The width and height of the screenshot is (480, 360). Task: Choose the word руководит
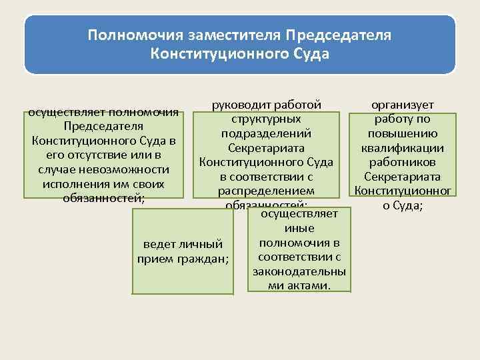(243, 105)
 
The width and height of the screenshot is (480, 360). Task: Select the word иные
(299, 228)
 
